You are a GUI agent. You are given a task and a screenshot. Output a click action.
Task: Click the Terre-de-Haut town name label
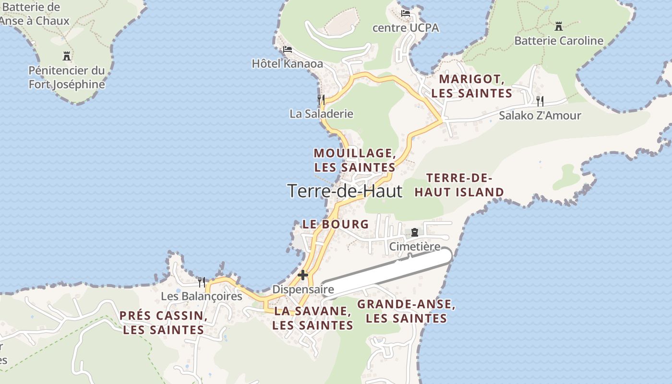click(345, 191)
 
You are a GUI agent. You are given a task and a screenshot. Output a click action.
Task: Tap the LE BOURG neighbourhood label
click(336, 224)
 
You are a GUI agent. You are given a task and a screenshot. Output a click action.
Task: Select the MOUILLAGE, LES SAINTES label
click(355, 160)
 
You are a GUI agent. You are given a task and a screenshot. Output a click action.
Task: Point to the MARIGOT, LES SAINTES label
click(471, 86)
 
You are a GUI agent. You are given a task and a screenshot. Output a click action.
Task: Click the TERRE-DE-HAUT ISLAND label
click(459, 185)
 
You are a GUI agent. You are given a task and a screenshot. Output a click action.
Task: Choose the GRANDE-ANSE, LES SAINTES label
click(406, 311)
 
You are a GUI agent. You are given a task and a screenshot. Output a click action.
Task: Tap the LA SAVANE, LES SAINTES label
click(312, 318)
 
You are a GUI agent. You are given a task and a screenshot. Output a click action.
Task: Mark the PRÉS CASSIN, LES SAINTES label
click(163, 323)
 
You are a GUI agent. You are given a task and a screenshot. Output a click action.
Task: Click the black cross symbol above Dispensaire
click(303, 275)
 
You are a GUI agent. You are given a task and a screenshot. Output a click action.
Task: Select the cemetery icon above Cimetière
click(415, 232)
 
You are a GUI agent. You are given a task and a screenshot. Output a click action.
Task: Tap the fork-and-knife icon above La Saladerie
click(321, 99)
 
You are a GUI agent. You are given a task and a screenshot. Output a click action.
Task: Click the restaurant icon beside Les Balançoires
click(202, 282)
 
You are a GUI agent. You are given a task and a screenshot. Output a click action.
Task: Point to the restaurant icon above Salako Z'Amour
click(540, 101)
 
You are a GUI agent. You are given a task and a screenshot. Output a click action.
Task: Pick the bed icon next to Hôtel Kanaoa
click(288, 49)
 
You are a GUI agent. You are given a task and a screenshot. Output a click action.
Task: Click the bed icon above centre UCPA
click(406, 13)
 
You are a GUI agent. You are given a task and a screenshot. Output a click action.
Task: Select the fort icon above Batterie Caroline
click(558, 26)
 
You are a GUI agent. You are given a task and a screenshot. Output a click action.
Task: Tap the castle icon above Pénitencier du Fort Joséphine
click(67, 56)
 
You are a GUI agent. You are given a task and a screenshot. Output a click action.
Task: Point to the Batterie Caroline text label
click(559, 41)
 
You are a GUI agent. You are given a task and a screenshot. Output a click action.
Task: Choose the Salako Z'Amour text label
click(540, 116)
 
